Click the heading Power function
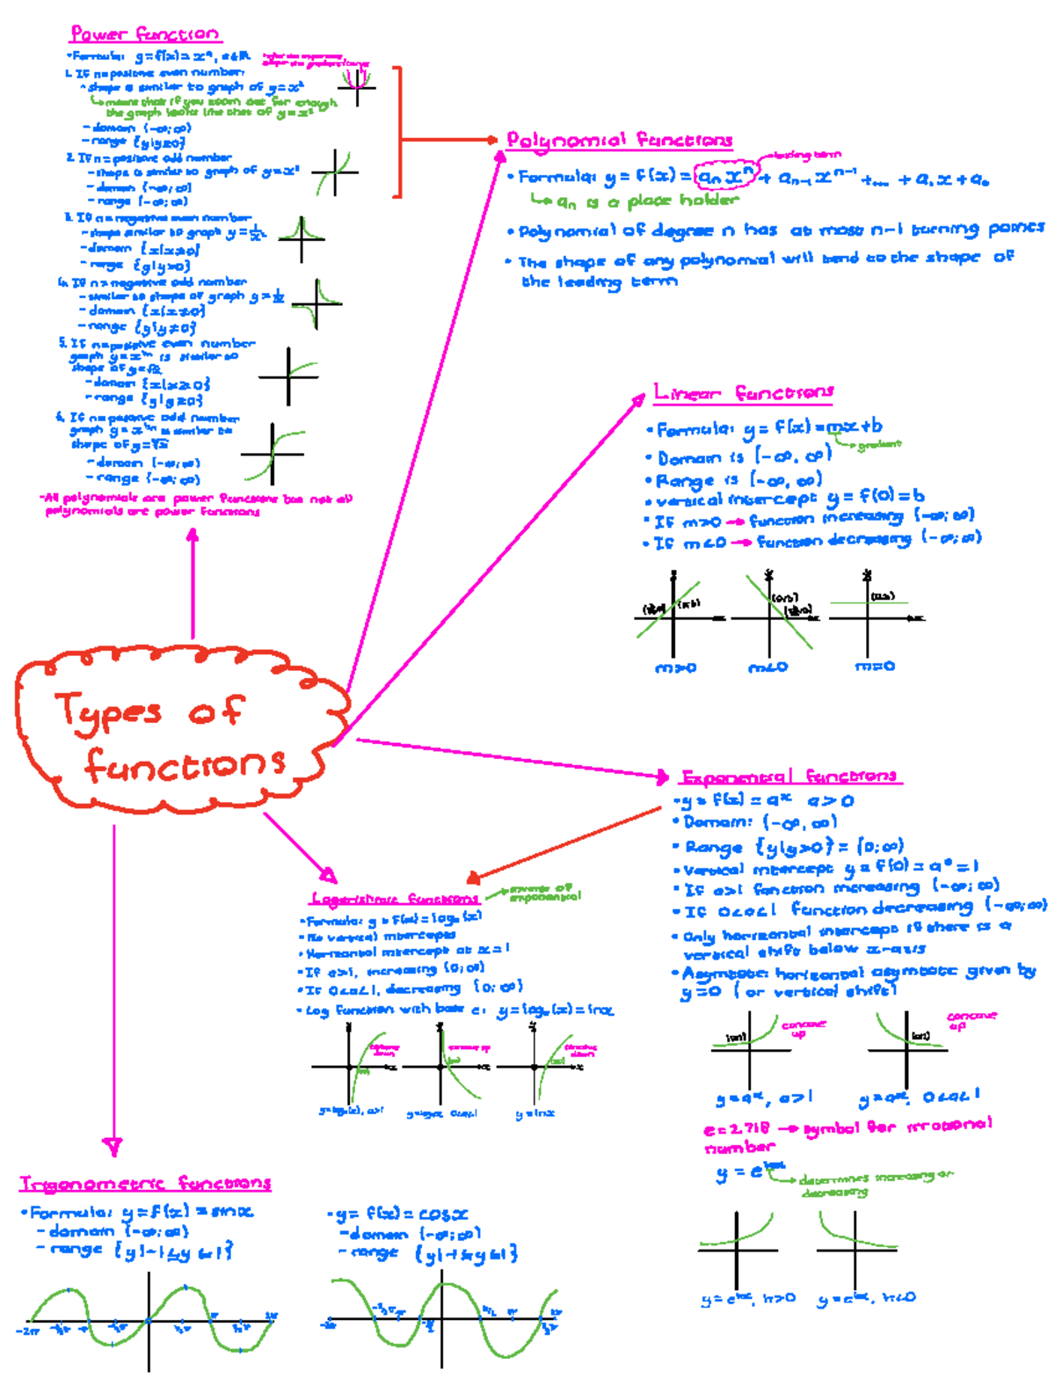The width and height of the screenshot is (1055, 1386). click(x=145, y=34)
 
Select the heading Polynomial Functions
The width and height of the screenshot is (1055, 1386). click(x=619, y=140)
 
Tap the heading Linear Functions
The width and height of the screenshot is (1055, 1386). click(x=743, y=392)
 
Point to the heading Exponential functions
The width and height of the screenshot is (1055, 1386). click(x=789, y=777)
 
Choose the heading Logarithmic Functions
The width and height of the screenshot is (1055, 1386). click(x=395, y=899)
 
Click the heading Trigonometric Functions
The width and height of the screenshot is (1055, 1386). click(x=145, y=1183)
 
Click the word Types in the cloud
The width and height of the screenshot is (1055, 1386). click(x=108, y=711)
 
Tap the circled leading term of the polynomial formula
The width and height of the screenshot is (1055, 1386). click(x=724, y=177)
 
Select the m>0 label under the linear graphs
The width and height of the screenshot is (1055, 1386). click(x=675, y=667)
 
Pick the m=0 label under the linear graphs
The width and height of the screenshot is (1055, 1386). click(x=875, y=667)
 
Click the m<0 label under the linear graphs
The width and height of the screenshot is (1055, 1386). click(x=768, y=667)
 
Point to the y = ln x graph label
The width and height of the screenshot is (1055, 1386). click(x=535, y=1113)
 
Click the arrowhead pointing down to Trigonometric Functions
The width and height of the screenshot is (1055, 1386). click(x=113, y=1146)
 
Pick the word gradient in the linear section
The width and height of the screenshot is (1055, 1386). click(x=879, y=445)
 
